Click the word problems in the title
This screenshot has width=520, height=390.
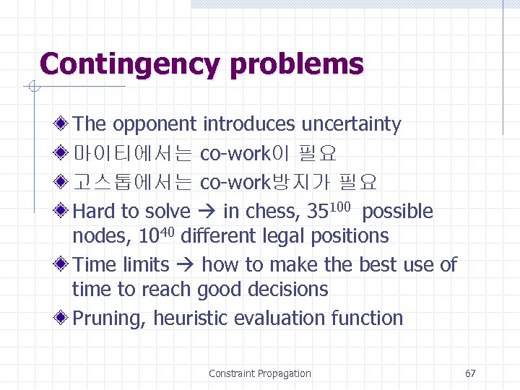297,64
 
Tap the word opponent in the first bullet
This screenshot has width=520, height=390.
155,124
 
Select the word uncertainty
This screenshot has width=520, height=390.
351,124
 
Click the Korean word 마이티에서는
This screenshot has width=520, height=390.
133,154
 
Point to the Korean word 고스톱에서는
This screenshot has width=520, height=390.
133,183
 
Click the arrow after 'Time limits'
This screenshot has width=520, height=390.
186,265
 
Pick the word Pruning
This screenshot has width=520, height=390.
110,318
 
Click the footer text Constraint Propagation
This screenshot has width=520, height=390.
259,373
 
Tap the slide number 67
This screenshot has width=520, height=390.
470,373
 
